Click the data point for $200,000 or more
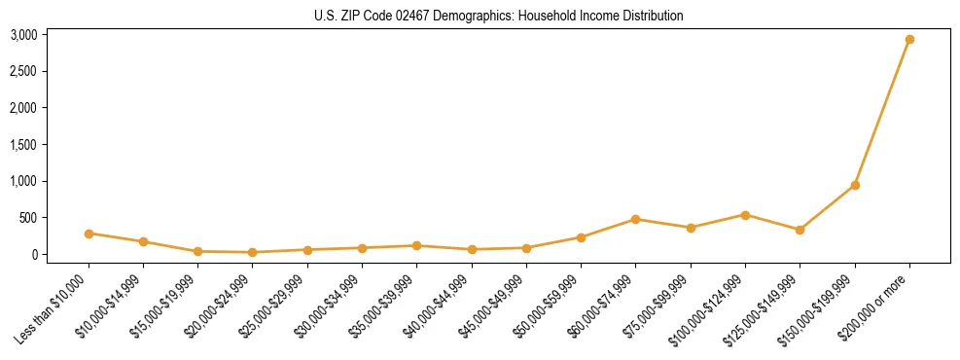click(909, 40)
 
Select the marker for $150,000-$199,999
click(855, 185)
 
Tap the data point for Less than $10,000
click(89, 234)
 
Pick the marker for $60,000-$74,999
click(635, 219)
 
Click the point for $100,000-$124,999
click(745, 215)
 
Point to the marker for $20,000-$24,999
click(253, 252)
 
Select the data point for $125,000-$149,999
click(800, 230)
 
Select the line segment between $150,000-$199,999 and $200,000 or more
click(882, 112)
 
